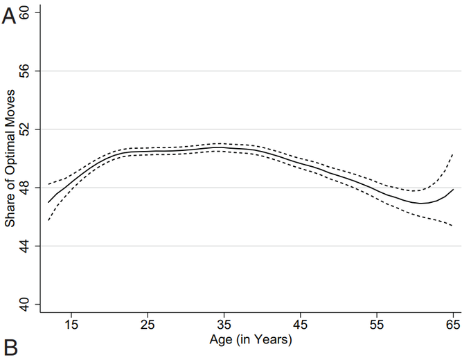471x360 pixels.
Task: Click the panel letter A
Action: pos(9,17)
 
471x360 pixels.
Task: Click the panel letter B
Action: pos(9,347)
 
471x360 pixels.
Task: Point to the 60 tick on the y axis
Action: pos(31,13)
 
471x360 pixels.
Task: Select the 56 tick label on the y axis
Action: pos(31,71)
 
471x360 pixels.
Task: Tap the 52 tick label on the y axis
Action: pos(31,129)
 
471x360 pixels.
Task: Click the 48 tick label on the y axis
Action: pos(31,188)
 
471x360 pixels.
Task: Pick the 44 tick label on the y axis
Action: pos(31,246)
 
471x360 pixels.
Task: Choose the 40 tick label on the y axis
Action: pos(31,304)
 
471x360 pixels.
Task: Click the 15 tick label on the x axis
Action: pos(71,324)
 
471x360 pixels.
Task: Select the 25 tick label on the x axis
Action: pos(148,324)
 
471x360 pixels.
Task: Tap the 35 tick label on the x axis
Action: pos(224,324)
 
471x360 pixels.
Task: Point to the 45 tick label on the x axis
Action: pos(301,324)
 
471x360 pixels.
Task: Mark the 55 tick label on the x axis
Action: pos(377,324)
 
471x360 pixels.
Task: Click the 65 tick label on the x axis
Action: pos(453,324)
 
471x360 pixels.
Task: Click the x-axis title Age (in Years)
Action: pos(250,340)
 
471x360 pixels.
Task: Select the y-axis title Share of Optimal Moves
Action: pos(10,159)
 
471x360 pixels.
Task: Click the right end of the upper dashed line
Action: pos(453,154)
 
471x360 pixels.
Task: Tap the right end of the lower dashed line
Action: pos(453,226)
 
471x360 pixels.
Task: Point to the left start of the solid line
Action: pos(48,202)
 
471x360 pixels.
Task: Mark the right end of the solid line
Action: pos(453,189)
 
